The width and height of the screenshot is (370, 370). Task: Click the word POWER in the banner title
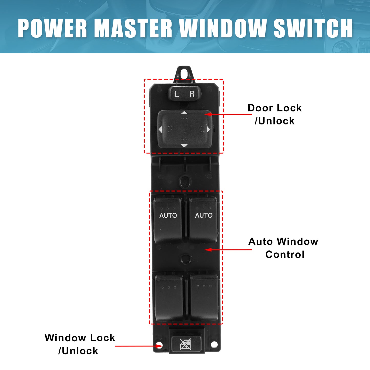pos(52,28)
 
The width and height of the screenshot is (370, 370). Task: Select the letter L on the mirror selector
pos(177,94)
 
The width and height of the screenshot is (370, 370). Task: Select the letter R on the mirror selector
pos(192,94)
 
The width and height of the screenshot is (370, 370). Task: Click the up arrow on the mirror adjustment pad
pos(184,112)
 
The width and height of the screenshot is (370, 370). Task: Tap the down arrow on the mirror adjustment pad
pos(184,146)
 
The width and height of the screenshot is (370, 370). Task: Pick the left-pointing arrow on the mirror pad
pos(160,129)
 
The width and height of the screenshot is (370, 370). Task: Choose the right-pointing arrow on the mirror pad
pos(208,129)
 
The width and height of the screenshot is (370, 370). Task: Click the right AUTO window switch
pos(204,220)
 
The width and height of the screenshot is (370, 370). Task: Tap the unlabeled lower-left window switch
pos(169,298)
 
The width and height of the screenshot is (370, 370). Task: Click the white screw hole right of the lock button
pos(214,344)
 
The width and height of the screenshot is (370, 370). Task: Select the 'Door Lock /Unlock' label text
pos(274,114)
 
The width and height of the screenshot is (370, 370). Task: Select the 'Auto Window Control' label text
pos(283,248)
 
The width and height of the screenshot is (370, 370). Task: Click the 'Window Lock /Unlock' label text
pos(80,344)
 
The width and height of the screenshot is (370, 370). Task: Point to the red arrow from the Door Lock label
pos(228,114)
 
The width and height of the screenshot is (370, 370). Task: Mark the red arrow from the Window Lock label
pos(139,346)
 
